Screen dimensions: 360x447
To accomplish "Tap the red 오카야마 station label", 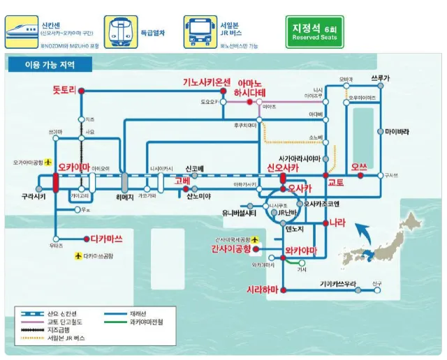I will (74, 167).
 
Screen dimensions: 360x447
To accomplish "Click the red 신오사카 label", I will (283, 168).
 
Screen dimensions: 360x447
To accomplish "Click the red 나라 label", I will (337, 223).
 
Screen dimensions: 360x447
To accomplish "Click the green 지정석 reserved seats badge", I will (314, 32).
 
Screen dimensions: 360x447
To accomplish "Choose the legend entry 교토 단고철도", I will (65, 323).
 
